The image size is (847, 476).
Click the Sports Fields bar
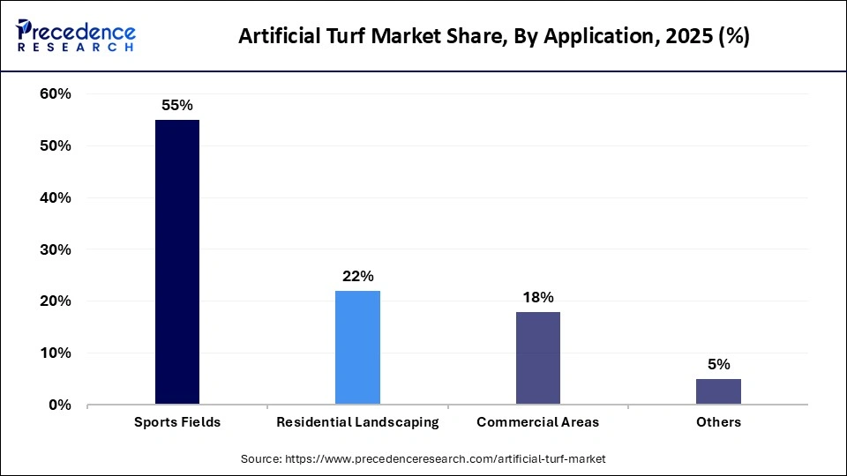[x=177, y=262]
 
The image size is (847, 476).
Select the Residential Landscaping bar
[x=357, y=347]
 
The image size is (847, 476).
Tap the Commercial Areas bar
[x=537, y=358]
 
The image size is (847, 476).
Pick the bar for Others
[x=718, y=391]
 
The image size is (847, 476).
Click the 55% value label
[x=177, y=105]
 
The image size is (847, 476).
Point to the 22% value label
[x=357, y=276]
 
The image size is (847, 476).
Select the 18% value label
[x=537, y=297]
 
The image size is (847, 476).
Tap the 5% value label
[x=718, y=364]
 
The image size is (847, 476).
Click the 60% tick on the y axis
[x=55, y=94]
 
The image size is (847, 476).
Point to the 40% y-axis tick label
[x=55, y=197]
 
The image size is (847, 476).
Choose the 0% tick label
[x=59, y=405]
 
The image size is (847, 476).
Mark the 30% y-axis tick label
[x=55, y=249]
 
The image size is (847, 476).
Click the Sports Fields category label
[x=177, y=422]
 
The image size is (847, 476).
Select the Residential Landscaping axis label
[x=357, y=422]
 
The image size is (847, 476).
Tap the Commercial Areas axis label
[x=537, y=422]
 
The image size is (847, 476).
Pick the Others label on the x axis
[x=718, y=422]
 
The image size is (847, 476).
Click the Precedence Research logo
[x=76, y=36]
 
